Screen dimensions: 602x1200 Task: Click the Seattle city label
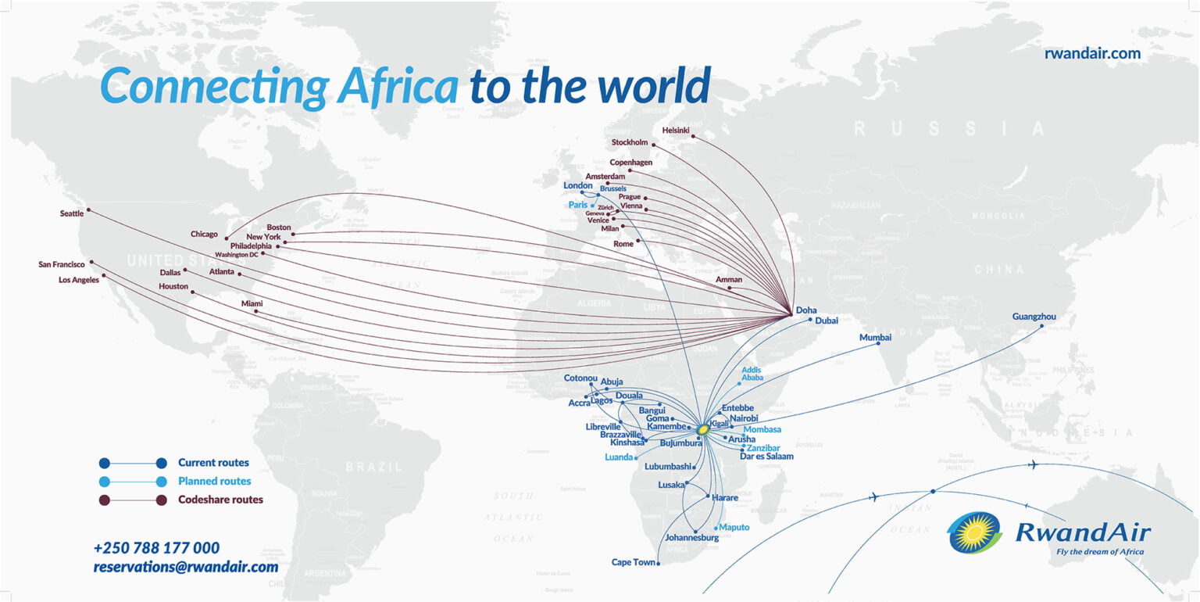pyautogui.click(x=73, y=213)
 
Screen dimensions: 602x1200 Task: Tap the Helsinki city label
pyautogui.click(x=676, y=130)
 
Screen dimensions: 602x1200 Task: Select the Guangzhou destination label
pyautogui.click(x=1034, y=317)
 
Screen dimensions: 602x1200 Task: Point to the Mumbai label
pyautogui.click(x=875, y=338)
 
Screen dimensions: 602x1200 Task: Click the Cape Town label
pyautogui.click(x=634, y=562)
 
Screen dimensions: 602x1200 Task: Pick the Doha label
pyautogui.click(x=806, y=310)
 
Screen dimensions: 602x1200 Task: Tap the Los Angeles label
pyautogui.click(x=79, y=279)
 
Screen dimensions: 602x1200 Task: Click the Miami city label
pyautogui.click(x=252, y=303)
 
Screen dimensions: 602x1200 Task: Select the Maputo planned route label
pyautogui.click(x=734, y=527)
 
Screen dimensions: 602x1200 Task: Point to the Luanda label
pyautogui.click(x=619, y=457)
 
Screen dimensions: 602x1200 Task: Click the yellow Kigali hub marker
pyautogui.click(x=703, y=428)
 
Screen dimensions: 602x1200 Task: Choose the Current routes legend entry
pyautogui.click(x=213, y=462)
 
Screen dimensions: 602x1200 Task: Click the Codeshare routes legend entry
pyautogui.click(x=220, y=500)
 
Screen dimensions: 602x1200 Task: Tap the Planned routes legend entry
pyautogui.click(x=214, y=481)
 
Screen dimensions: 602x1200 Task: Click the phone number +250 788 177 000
pyautogui.click(x=156, y=548)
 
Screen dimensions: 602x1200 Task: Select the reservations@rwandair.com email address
pyautogui.click(x=186, y=567)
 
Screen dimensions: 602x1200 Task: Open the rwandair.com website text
pyautogui.click(x=1092, y=53)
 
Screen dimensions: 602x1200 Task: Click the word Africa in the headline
pyautogui.click(x=398, y=85)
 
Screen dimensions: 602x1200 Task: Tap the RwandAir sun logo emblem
pyautogui.click(x=974, y=532)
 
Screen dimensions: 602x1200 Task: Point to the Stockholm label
pyautogui.click(x=630, y=142)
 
